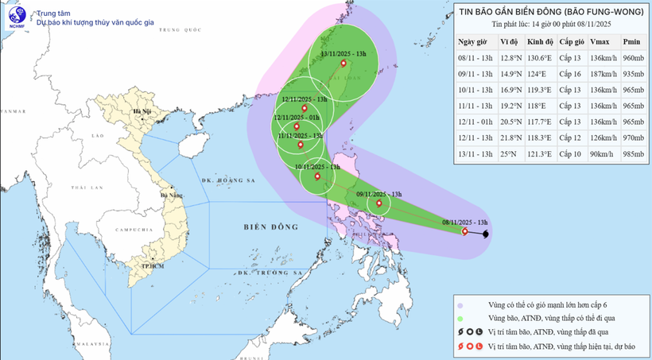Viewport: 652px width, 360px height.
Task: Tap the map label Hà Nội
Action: coord(143,112)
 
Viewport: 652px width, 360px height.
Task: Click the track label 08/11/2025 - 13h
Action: coord(465,222)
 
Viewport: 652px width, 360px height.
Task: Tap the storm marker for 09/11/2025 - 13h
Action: coord(378,203)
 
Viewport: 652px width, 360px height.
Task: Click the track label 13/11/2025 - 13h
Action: coord(343,53)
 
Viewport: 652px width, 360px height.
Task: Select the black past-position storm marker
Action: coord(487,234)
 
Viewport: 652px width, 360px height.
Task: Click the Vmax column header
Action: coord(600,41)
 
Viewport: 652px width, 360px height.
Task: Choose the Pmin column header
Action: coord(631,41)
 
